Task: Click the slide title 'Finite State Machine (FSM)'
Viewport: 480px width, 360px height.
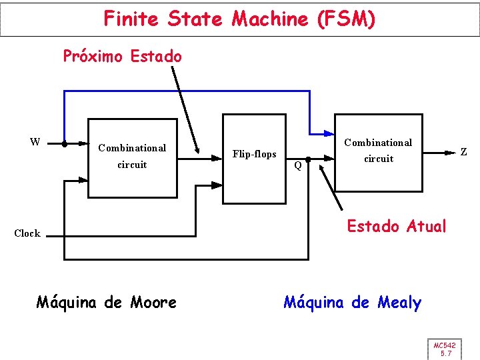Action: pyautogui.click(x=239, y=19)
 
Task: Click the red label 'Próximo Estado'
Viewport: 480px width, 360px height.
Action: pyautogui.click(x=122, y=56)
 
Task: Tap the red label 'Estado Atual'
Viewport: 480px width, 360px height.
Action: pyautogui.click(x=396, y=226)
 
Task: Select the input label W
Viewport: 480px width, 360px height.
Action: pyautogui.click(x=35, y=141)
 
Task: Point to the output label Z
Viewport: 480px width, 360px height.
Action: pyautogui.click(x=463, y=153)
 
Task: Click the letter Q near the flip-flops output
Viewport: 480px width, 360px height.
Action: pyautogui.click(x=298, y=165)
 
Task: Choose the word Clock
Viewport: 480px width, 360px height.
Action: pyautogui.click(x=27, y=233)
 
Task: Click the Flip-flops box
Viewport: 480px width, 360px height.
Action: pyautogui.click(x=254, y=158)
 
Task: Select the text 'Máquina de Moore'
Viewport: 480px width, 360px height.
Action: pyautogui.click(x=106, y=303)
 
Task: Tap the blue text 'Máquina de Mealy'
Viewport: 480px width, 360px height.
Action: pyautogui.click(x=352, y=303)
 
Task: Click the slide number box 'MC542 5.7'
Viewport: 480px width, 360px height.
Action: pyautogui.click(x=445, y=349)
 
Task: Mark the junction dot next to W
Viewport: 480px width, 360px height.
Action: pyautogui.click(x=64, y=143)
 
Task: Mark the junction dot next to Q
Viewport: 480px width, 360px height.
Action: pyautogui.click(x=308, y=160)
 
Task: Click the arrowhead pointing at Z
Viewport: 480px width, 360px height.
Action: pyautogui.click(x=451, y=153)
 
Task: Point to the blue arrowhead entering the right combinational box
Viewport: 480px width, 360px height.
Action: pyautogui.click(x=329, y=131)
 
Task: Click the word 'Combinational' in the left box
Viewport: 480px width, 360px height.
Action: pyautogui.click(x=132, y=148)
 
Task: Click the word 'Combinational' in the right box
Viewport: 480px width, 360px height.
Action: pyautogui.click(x=378, y=143)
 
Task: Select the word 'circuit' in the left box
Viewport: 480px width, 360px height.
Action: pyautogui.click(x=132, y=165)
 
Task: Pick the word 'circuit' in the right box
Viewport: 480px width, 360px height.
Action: pyautogui.click(x=378, y=159)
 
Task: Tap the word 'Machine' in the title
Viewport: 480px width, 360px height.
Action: pyautogui.click(x=269, y=19)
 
